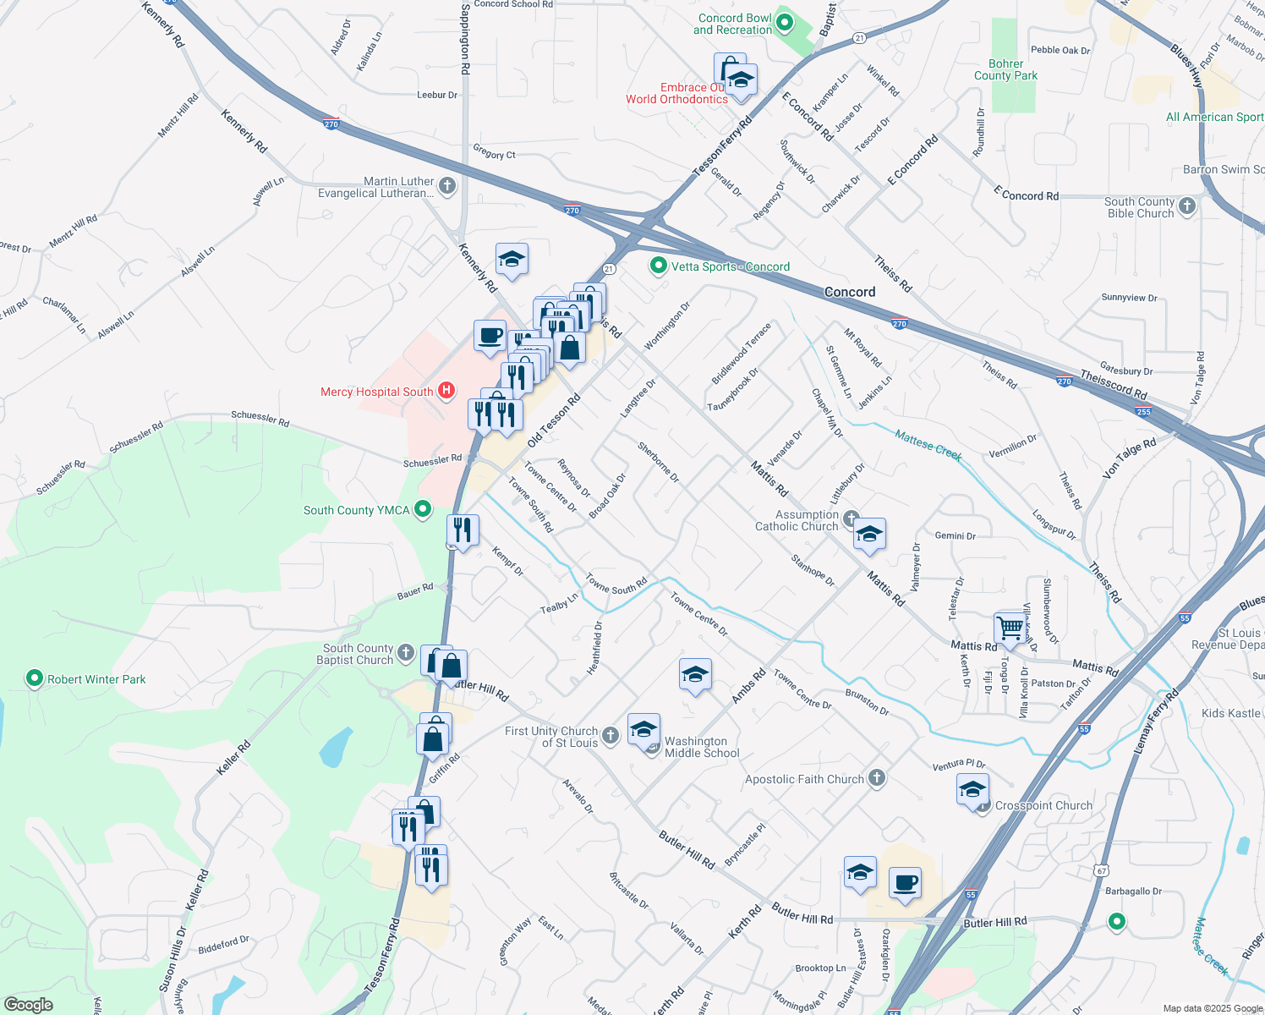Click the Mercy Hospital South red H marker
(x=446, y=391)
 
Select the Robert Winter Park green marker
(x=35, y=678)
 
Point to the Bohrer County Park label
(x=1005, y=69)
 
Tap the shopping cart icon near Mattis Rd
(x=1010, y=628)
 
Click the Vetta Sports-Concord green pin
(x=658, y=266)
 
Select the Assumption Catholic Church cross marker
(x=851, y=518)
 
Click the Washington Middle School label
(x=701, y=747)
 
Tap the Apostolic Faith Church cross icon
(x=877, y=779)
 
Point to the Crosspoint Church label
(x=1043, y=805)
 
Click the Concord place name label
(x=850, y=292)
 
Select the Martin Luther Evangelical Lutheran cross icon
(x=447, y=185)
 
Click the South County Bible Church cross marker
(x=1187, y=206)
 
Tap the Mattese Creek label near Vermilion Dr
(x=928, y=446)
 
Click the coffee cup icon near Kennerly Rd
(x=490, y=336)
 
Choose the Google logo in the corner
(x=28, y=1005)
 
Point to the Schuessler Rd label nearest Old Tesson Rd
(x=432, y=460)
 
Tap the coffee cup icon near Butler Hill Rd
(x=905, y=883)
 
